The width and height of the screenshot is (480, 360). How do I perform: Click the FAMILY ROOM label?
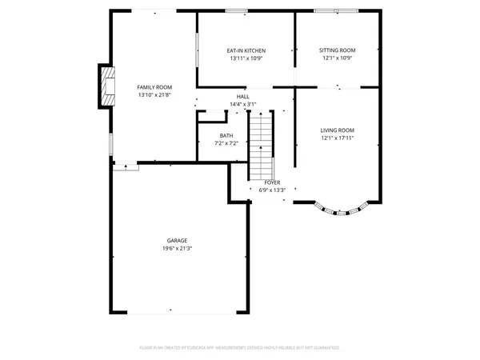(154, 87)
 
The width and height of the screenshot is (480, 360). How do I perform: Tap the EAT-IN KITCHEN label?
(246, 50)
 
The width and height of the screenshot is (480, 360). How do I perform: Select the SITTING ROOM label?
(338, 50)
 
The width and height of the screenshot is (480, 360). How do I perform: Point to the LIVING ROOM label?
(338, 130)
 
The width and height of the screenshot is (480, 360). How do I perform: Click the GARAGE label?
(178, 241)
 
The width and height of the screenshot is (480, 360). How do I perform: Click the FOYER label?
(272, 182)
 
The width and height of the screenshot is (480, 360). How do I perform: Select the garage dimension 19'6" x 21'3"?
(178, 249)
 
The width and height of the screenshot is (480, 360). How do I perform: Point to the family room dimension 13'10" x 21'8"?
(154, 95)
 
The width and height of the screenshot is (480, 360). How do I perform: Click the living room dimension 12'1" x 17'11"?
(338, 138)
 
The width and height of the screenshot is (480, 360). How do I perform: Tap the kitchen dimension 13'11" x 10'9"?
(246, 58)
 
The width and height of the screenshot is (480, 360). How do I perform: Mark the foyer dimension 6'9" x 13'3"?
(272, 190)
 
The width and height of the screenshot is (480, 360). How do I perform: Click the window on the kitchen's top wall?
(236, 10)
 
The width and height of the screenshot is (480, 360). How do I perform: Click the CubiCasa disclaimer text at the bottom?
(240, 348)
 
